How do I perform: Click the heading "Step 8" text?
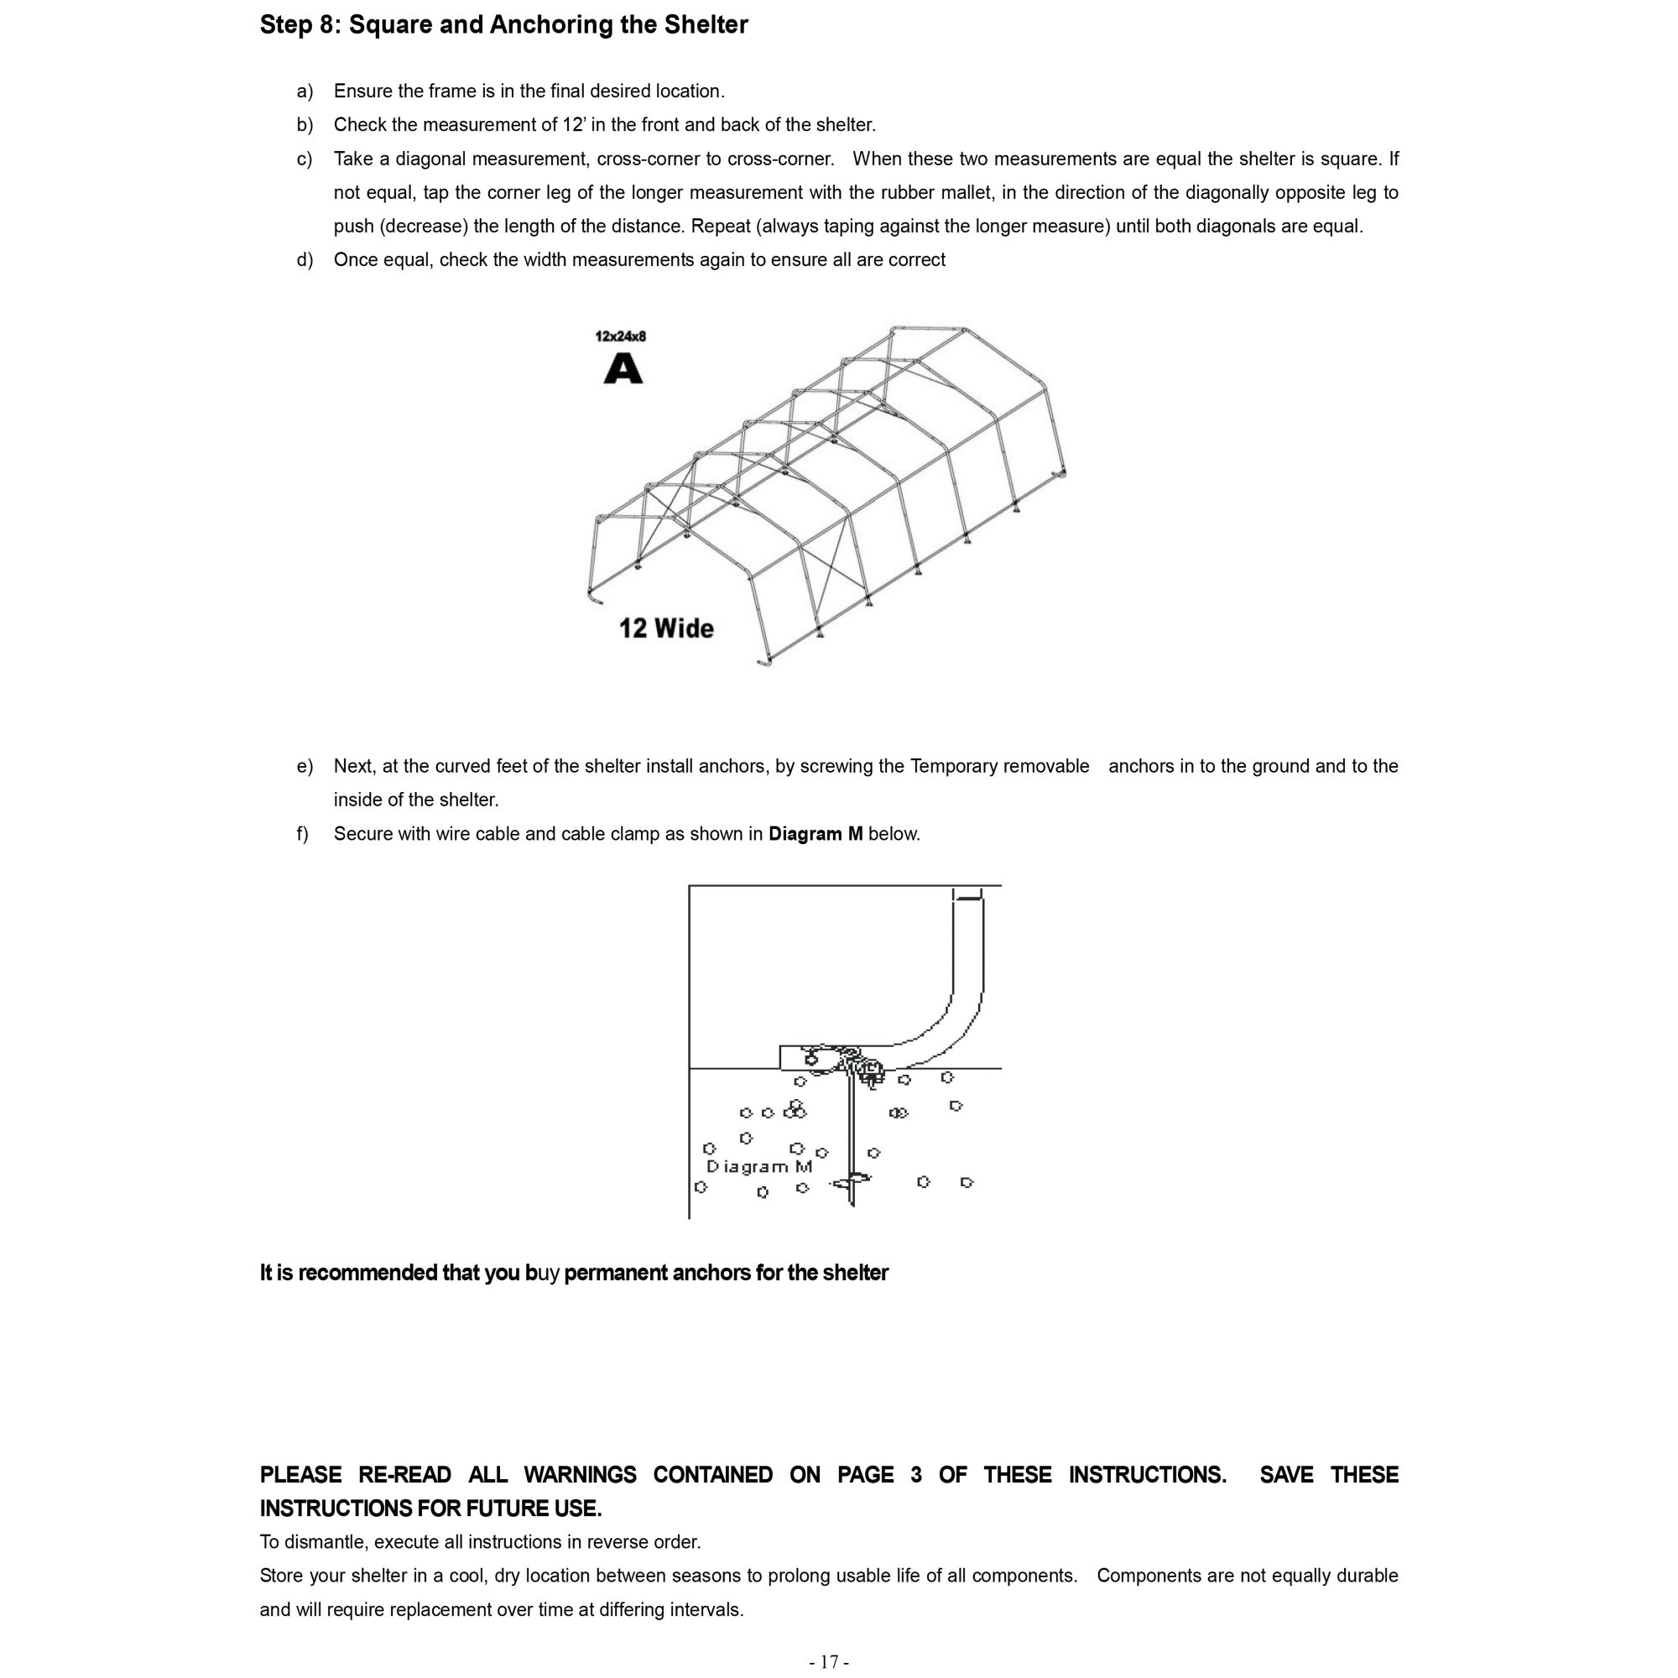click(299, 25)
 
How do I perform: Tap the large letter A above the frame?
click(623, 369)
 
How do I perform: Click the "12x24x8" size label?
click(620, 336)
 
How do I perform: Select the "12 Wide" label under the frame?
click(666, 628)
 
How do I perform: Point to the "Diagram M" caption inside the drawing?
click(759, 1166)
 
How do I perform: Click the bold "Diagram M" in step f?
click(816, 834)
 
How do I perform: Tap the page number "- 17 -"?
click(830, 1661)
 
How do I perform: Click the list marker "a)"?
click(304, 91)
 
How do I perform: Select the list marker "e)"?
click(304, 766)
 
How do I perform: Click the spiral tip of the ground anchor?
click(851, 1182)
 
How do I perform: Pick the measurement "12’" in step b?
click(573, 125)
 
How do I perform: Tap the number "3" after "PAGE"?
click(916, 1475)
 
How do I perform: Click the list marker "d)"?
click(304, 260)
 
